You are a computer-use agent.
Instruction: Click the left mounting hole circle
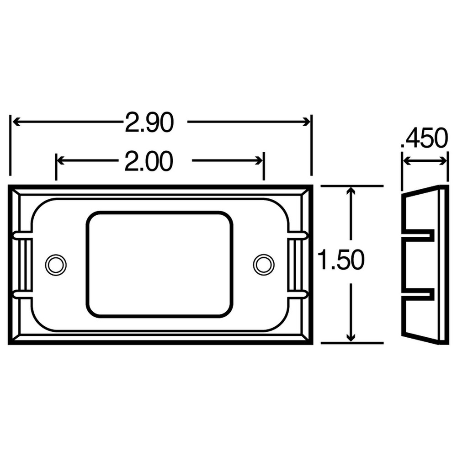[x=56, y=265]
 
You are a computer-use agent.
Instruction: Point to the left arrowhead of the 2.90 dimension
[x=16, y=122]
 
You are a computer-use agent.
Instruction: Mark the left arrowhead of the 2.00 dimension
[x=60, y=160]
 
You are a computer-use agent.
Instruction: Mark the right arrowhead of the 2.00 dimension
[x=259, y=160]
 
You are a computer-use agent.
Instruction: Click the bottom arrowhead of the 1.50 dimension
[x=351, y=337]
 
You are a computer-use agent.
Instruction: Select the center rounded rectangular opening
[x=159, y=264]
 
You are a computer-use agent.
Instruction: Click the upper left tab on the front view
[x=22, y=235]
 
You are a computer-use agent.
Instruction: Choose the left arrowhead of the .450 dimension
[x=405, y=160]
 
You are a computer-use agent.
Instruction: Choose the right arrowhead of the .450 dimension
[x=444, y=160]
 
